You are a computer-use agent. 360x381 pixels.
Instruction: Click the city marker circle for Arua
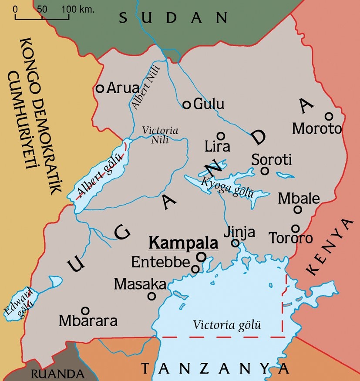click(x=100, y=88)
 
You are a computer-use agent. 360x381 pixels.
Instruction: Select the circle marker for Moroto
click(x=329, y=116)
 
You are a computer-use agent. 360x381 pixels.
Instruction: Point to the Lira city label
click(x=217, y=146)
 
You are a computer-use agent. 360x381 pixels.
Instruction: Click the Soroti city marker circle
click(x=265, y=171)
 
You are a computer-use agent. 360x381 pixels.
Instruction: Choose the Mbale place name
click(x=299, y=199)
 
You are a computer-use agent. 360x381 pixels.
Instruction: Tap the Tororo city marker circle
click(x=296, y=228)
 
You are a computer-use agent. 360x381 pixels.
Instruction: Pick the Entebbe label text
click(x=161, y=262)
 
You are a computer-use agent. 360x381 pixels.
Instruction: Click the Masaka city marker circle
click(x=152, y=296)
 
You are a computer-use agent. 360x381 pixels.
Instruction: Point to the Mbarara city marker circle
click(x=85, y=310)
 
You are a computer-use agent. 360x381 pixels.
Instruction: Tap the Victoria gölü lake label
click(x=227, y=325)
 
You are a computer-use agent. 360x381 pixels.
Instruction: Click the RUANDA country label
click(x=57, y=374)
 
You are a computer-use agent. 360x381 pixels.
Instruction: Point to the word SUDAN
click(x=173, y=18)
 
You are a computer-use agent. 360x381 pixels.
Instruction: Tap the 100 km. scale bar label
click(x=77, y=9)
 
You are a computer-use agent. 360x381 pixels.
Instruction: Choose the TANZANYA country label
click(x=215, y=368)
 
